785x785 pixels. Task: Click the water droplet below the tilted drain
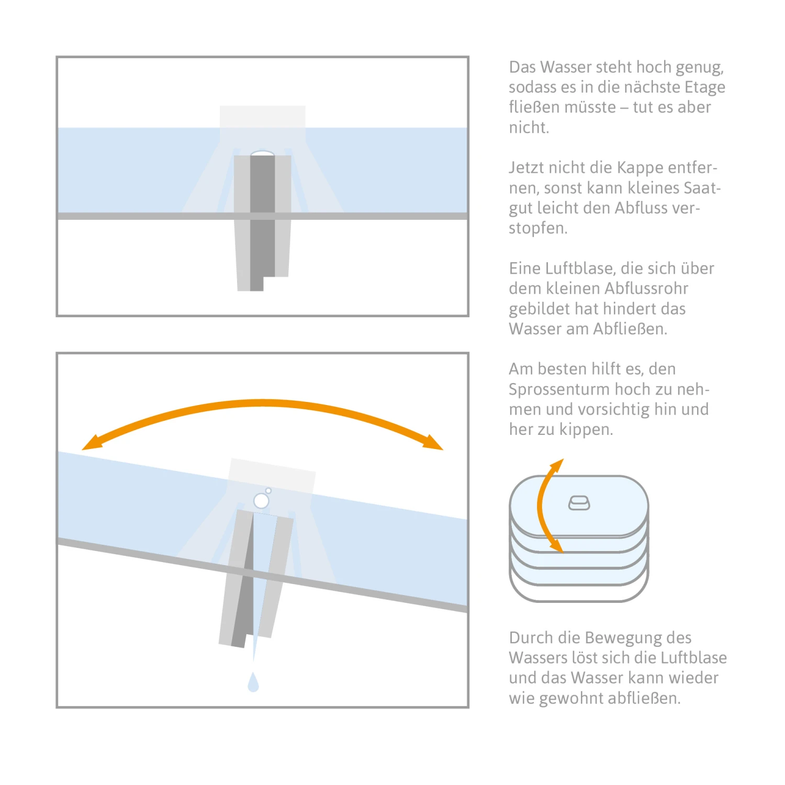click(253, 682)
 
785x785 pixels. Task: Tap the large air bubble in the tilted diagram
click(261, 501)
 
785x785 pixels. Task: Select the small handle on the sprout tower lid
click(579, 503)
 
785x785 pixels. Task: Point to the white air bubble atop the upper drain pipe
click(262, 153)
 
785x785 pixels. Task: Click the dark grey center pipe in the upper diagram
click(262, 220)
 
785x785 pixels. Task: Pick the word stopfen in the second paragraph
click(538, 229)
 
